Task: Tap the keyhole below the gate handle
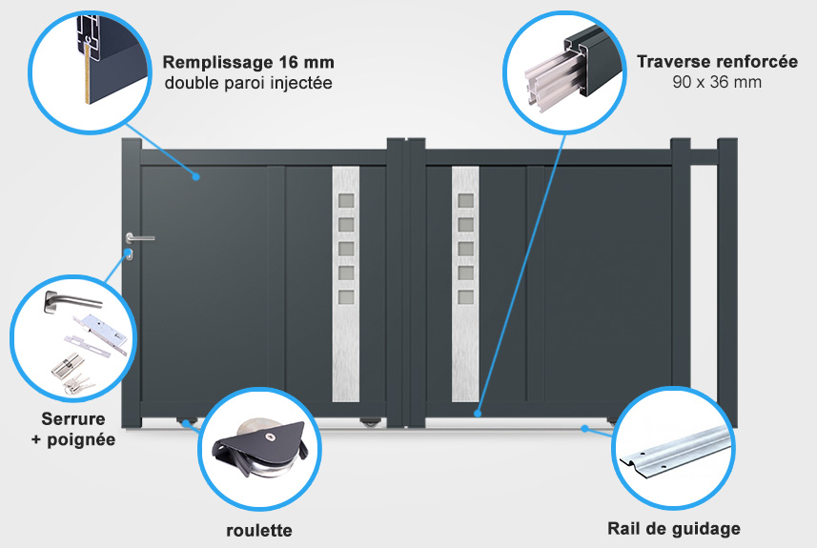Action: tap(129, 254)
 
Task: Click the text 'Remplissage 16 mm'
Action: tap(249, 63)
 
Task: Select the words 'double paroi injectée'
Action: tap(248, 83)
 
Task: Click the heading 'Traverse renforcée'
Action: tap(717, 62)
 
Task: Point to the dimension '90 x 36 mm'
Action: tap(717, 82)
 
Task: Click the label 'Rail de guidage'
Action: tap(674, 529)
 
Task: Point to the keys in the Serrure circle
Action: tap(67, 380)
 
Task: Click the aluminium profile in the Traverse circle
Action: tap(562, 75)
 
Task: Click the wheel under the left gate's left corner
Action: tap(187, 420)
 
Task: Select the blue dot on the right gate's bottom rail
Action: tap(479, 414)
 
